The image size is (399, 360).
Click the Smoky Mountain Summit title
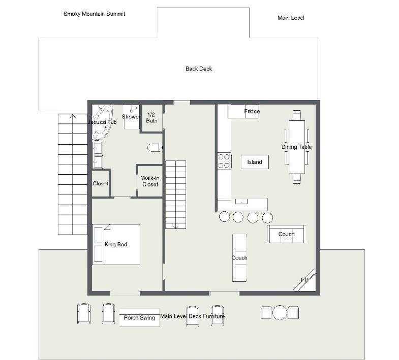tap(94, 14)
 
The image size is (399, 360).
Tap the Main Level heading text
tap(291, 18)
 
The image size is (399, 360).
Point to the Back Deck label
tap(199, 69)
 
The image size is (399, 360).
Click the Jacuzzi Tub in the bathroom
tap(102, 122)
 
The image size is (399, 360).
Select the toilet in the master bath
tap(155, 147)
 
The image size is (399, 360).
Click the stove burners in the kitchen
tap(224, 161)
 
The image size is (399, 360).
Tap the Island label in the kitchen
tap(255, 162)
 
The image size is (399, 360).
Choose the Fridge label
tap(252, 111)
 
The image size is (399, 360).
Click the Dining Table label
tap(297, 147)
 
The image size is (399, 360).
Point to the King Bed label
tap(116, 244)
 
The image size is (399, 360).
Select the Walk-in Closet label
tap(150, 181)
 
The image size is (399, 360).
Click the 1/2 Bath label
tap(151, 118)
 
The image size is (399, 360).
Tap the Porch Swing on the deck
tap(139, 317)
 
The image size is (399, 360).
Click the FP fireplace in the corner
tap(305, 280)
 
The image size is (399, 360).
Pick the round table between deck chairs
tap(280, 312)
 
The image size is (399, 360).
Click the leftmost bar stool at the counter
tap(225, 217)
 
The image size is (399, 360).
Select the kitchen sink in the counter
tap(241, 202)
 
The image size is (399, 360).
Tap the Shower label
tap(131, 117)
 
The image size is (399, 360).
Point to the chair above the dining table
tap(297, 115)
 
